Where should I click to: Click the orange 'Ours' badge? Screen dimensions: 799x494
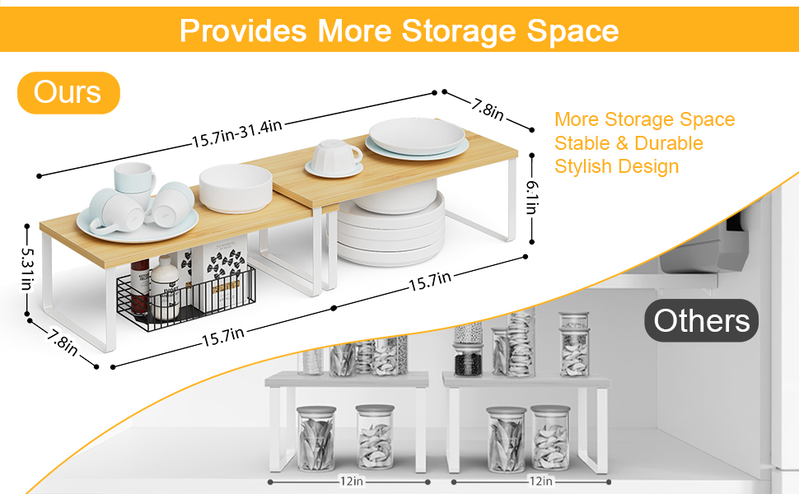pyautogui.click(x=68, y=92)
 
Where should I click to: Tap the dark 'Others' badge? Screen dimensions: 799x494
pyautogui.click(x=702, y=320)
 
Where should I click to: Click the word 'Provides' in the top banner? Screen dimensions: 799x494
pyautogui.click(x=244, y=30)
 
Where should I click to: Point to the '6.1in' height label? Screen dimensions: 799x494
pyautogui.click(x=532, y=198)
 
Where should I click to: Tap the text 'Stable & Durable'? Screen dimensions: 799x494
pyautogui.click(x=628, y=143)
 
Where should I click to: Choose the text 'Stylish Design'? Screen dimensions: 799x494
pyautogui.click(x=616, y=166)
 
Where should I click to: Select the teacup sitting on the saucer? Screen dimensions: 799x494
pyautogui.click(x=336, y=155)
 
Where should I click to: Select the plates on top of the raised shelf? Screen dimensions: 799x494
pyautogui.click(x=417, y=137)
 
